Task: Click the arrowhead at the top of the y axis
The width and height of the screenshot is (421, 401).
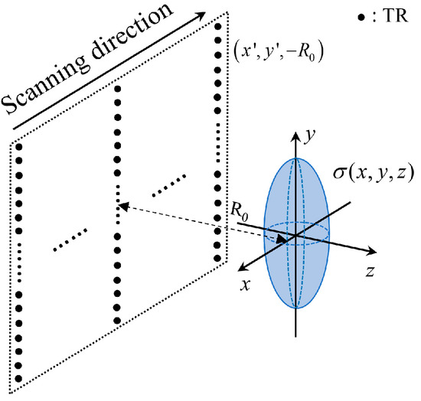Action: pos(295,130)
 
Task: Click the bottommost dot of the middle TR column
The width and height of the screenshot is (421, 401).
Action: pos(117,320)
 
